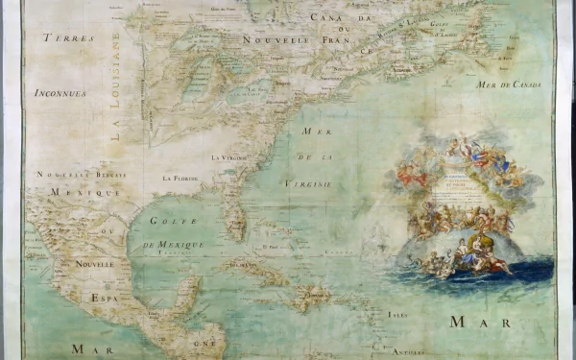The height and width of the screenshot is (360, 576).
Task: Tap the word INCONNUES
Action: point(60,93)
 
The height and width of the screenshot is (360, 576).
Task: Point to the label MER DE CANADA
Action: point(509,84)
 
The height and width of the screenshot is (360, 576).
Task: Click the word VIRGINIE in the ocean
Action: point(307,182)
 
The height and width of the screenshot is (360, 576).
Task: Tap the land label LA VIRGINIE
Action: point(229,156)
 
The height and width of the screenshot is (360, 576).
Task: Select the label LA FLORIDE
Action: point(180,178)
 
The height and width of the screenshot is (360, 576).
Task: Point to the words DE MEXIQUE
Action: point(174,245)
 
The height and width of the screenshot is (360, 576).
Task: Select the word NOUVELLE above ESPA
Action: point(95,262)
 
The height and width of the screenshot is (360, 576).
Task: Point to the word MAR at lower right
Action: point(481,323)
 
